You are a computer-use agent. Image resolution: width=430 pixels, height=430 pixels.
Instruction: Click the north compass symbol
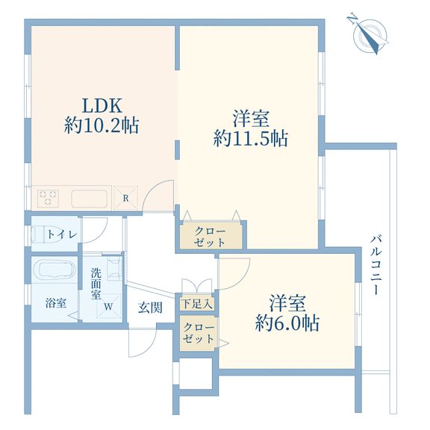(x=368, y=34)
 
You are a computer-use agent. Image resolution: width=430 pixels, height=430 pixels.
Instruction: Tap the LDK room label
(x=102, y=105)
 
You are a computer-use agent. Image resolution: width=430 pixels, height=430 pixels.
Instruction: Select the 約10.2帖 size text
(x=102, y=125)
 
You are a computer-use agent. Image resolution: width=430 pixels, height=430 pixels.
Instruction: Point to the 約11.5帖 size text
(x=251, y=138)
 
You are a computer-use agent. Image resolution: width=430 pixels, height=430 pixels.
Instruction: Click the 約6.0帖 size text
(x=287, y=322)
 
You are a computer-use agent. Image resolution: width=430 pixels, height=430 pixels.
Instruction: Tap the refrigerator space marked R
(x=125, y=198)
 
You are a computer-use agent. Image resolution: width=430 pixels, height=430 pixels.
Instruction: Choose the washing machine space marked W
(x=108, y=306)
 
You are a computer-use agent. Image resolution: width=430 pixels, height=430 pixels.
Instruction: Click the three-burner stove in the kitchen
(x=48, y=198)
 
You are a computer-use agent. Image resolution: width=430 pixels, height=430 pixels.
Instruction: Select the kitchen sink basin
(x=89, y=199)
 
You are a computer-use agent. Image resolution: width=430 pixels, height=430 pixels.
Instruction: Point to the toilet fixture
(x=46, y=234)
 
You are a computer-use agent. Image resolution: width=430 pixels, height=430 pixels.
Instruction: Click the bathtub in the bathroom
(x=54, y=269)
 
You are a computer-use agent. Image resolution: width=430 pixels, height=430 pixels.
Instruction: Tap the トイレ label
(x=62, y=234)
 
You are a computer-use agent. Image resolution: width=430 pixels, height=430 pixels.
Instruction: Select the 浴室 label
(x=56, y=303)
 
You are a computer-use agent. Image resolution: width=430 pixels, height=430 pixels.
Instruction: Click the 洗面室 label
(x=96, y=284)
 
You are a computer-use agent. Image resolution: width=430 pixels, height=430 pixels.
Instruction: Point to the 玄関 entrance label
(x=150, y=308)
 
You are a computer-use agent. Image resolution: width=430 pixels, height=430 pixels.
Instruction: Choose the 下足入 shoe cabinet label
(x=197, y=304)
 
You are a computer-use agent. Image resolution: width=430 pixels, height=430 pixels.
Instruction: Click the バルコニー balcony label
(x=376, y=265)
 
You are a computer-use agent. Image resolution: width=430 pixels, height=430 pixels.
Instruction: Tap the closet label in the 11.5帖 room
(x=210, y=237)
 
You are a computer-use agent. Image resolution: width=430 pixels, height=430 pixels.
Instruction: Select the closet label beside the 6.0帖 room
(x=199, y=333)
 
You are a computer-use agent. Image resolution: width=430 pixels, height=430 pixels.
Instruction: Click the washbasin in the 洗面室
(x=114, y=269)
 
